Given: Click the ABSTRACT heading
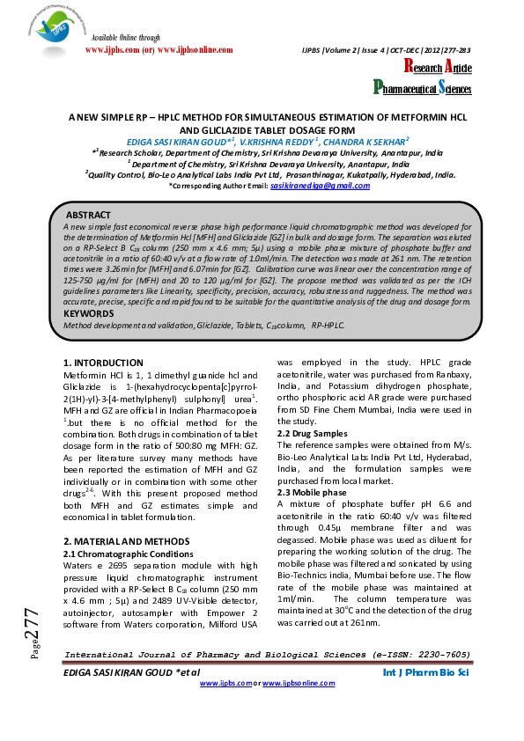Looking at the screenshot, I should pos(91,215).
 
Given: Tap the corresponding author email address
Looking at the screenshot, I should pos(320,186).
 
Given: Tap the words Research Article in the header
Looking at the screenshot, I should pos(438,68).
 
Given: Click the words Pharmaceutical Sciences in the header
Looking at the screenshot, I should pos(422,87).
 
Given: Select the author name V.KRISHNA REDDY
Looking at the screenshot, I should pos(278,141).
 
